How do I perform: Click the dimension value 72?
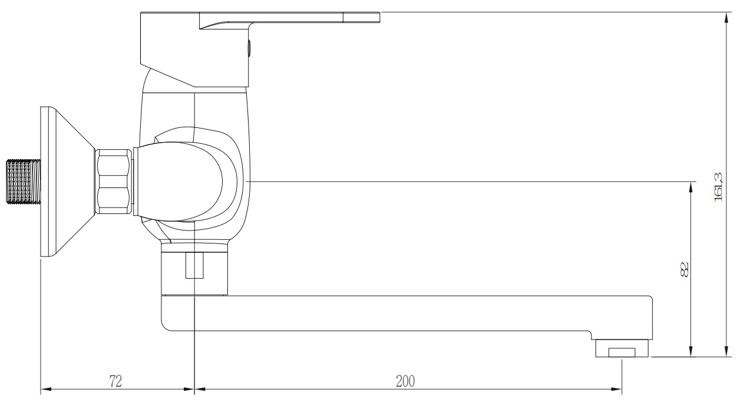115,381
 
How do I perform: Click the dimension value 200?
405,381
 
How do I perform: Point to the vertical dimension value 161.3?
718,186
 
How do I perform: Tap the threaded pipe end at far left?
23,181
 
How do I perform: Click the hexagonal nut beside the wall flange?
113,181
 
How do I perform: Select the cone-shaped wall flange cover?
65,181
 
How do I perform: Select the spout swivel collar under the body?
194,272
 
